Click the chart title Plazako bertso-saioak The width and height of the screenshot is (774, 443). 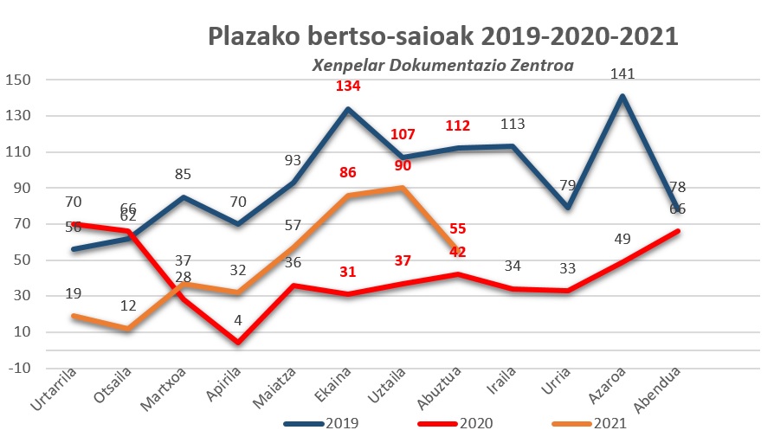(x=442, y=37)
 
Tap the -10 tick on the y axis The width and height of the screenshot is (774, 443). (x=19, y=368)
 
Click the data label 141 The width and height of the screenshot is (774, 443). (x=622, y=74)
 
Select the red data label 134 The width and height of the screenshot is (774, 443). (x=347, y=87)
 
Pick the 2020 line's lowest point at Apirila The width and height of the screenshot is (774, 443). (x=237, y=343)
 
